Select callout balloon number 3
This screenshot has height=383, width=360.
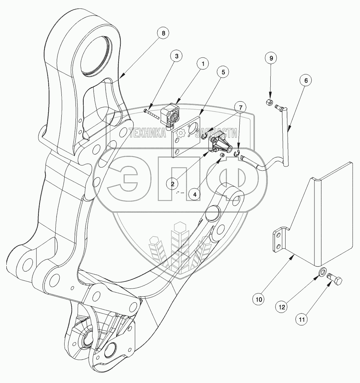[x=176, y=56]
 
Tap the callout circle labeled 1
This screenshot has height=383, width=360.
[x=202, y=64]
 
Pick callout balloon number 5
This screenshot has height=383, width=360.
[x=223, y=72]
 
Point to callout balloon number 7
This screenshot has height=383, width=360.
[x=241, y=106]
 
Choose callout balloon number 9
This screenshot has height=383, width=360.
[x=271, y=57]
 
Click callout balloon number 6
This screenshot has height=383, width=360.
[x=306, y=80]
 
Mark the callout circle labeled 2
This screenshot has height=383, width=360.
[x=173, y=184]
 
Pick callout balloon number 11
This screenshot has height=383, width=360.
[x=302, y=320]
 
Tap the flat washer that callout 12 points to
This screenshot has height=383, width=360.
[x=322, y=272]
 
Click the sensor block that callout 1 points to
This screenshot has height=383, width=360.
[x=171, y=114]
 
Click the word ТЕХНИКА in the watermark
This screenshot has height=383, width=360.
[x=148, y=133]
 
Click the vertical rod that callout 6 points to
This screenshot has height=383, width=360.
[x=285, y=137]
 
